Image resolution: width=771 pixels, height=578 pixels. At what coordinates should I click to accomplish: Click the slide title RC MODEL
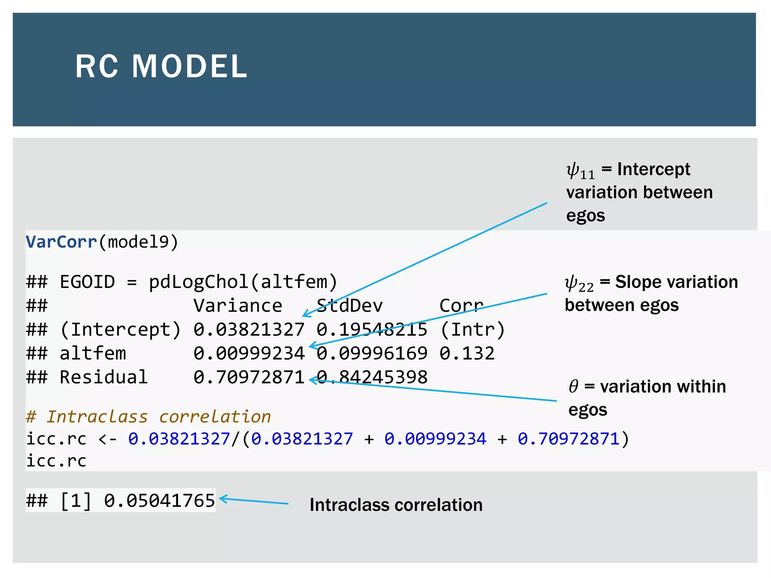161,67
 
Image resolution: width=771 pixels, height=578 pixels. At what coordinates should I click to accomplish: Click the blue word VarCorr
61,242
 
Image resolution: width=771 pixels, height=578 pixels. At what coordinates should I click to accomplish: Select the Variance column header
238,306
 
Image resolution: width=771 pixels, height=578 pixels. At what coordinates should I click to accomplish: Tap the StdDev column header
349,306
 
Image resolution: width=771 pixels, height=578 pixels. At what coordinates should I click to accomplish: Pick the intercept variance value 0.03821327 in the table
249,330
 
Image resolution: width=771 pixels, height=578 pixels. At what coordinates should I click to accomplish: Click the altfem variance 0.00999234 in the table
249,353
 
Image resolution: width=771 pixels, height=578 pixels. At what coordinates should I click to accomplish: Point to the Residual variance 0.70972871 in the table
249,377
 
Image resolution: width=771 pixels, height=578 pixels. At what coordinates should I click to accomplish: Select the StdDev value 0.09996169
372,353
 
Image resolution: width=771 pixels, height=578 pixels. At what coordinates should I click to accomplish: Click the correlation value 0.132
467,353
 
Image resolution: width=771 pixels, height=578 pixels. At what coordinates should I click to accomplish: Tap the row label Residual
104,377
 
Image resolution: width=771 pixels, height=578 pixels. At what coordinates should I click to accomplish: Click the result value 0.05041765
159,500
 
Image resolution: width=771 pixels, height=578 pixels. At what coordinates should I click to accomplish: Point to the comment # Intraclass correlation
149,417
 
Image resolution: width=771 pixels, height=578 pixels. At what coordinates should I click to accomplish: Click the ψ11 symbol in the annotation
580,171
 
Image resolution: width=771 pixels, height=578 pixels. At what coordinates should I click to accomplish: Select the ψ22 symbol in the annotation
579,284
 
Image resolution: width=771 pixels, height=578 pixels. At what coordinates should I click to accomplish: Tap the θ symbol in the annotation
573,386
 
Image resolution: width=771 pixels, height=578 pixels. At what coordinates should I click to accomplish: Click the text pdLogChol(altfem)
243,282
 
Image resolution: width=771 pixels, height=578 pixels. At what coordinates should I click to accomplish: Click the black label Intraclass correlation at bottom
396,505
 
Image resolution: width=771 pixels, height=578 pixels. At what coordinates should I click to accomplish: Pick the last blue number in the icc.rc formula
568,439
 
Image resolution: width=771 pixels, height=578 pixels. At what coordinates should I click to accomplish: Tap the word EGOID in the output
87,282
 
